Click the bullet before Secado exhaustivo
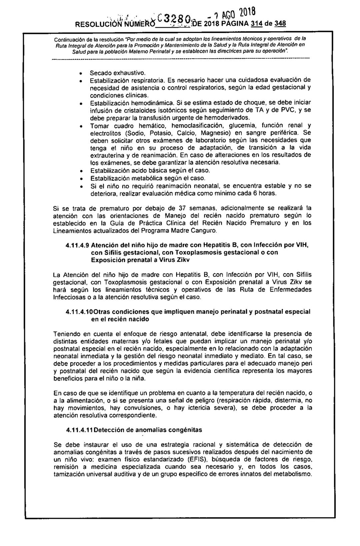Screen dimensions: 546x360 [81, 73]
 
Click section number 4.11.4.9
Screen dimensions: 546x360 [77, 245]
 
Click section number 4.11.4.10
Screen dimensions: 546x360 [79, 312]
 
